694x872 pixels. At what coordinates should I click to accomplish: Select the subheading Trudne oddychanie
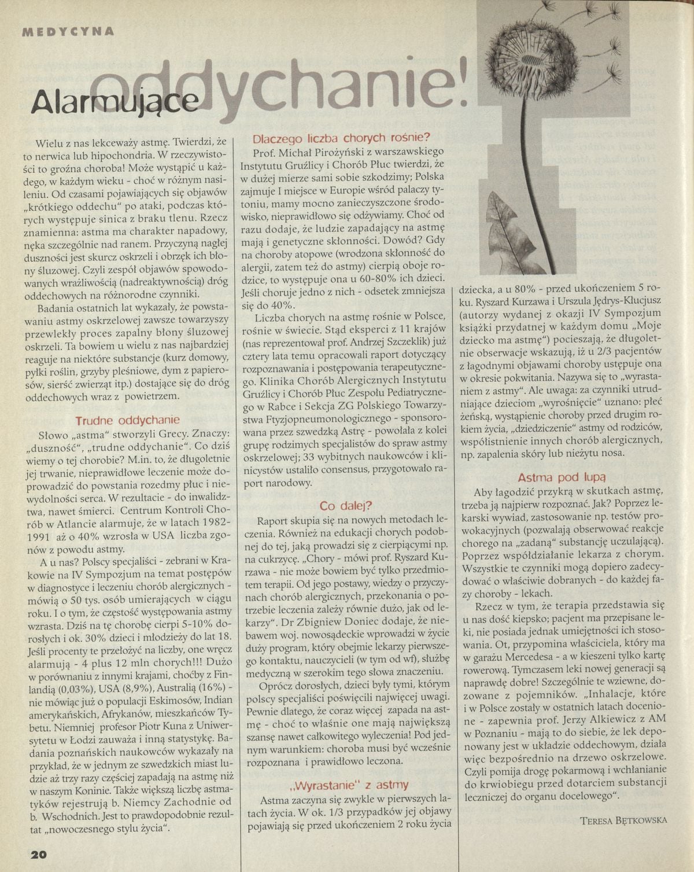128,420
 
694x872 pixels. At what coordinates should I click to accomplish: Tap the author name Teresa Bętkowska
622,819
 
